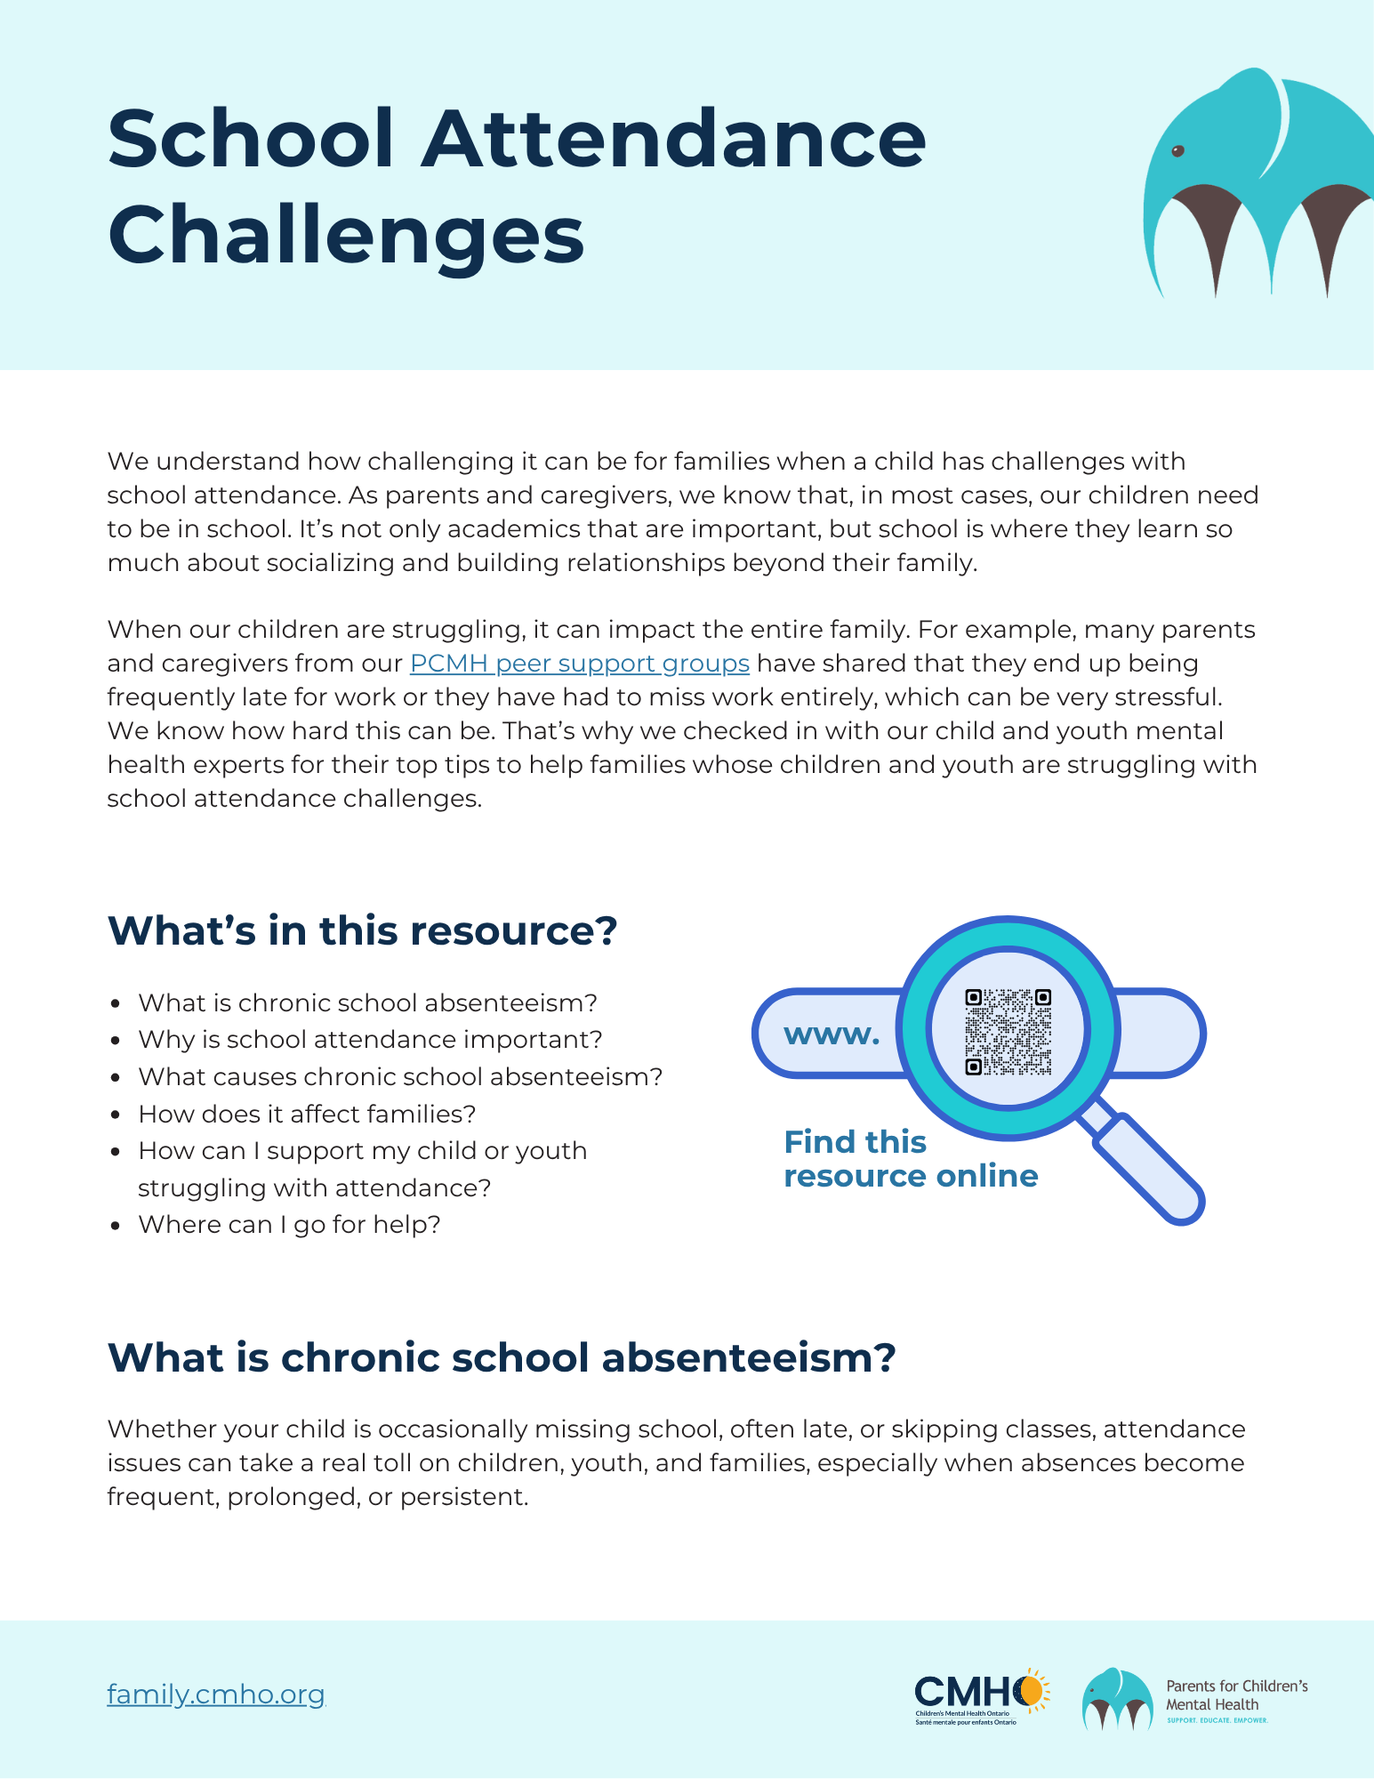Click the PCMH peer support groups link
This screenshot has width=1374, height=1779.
click(579, 664)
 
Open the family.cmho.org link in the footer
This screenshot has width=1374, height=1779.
click(216, 1694)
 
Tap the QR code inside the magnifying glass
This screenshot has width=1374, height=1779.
click(1008, 1031)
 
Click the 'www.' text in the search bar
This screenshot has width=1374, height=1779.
click(832, 1034)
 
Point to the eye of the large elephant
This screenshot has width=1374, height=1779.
click(1177, 151)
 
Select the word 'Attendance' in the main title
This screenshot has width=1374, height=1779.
click(673, 140)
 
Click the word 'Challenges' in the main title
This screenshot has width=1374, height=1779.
click(346, 235)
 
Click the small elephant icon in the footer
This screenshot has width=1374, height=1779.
click(1117, 1698)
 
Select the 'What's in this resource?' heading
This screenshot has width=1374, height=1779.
click(362, 931)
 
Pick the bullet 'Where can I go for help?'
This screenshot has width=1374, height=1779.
click(289, 1225)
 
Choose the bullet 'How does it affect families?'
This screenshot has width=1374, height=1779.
click(307, 1114)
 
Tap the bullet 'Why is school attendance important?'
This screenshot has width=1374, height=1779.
click(370, 1040)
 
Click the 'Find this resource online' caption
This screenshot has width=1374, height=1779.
click(910, 1159)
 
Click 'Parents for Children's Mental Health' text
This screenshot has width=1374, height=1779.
click(1236, 1695)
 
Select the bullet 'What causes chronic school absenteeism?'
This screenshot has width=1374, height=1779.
click(400, 1077)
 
